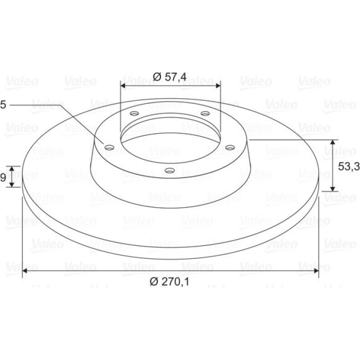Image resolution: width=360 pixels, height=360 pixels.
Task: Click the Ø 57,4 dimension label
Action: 170,77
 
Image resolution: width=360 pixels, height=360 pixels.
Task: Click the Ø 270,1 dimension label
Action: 170,282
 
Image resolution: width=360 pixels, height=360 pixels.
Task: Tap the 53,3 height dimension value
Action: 349,167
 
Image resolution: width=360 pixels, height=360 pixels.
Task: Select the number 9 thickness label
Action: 3,177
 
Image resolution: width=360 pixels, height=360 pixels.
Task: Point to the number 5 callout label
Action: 3,105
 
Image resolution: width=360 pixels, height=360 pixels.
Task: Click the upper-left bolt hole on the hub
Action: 134,114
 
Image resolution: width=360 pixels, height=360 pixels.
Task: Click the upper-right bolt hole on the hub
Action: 205,114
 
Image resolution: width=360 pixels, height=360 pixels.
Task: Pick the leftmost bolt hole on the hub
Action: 109,147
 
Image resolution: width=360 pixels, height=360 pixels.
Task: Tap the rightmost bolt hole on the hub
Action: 230,147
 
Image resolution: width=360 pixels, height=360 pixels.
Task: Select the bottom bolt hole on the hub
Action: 170,171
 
